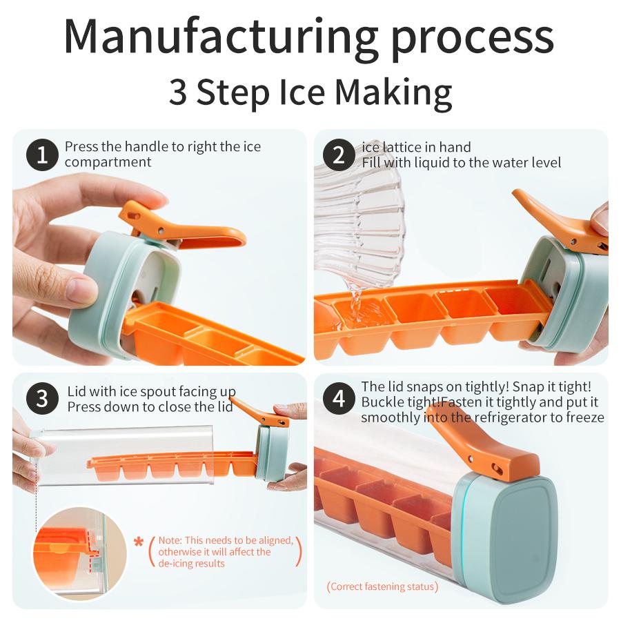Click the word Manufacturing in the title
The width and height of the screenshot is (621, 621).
tap(221, 37)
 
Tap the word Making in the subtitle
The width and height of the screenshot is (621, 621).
tap(393, 93)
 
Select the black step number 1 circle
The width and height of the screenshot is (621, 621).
tap(42, 155)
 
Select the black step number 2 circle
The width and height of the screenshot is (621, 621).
tap(339, 155)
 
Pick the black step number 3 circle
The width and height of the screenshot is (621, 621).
tap(42, 398)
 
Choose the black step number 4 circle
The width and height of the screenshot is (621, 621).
tap(339, 398)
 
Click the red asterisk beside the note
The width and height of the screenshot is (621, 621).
tap(139, 542)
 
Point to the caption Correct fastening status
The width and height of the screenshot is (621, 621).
tap(382, 586)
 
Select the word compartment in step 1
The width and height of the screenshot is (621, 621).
tap(108, 162)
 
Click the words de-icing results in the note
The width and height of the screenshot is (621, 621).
tap(191, 564)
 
